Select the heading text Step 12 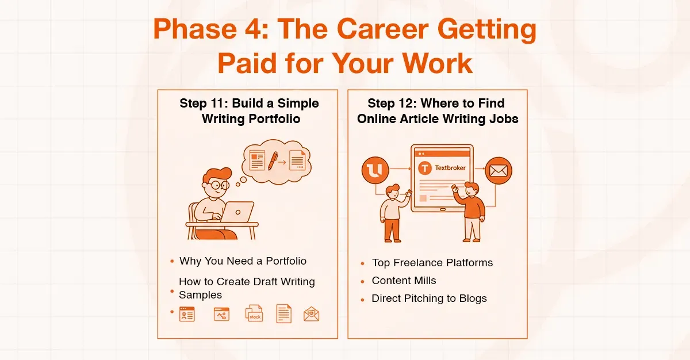tap(392, 104)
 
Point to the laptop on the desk tap(237, 212)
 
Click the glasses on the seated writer tap(218, 185)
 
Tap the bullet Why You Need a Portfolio tap(243, 261)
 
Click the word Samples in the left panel tap(200, 294)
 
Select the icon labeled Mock tap(254, 313)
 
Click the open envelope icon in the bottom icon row tap(311, 314)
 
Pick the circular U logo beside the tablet tap(375, 171)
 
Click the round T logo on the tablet tap(426, 168)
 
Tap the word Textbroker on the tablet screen tap(451, 168)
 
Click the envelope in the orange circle tap(498, 171)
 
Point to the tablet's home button tap(442, 219)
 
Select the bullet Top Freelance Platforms tap(432, 263)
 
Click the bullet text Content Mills tap(404, 281)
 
